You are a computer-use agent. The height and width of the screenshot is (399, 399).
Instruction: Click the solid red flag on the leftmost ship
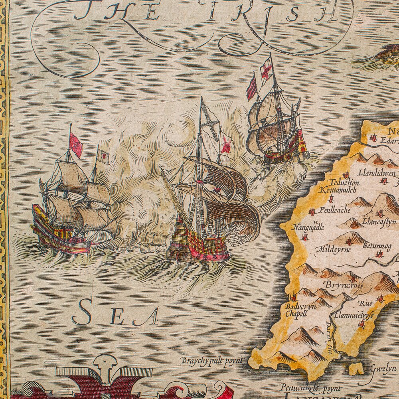tap(76, 145)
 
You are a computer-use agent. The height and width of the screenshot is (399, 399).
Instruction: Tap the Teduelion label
tap(342, 182)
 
